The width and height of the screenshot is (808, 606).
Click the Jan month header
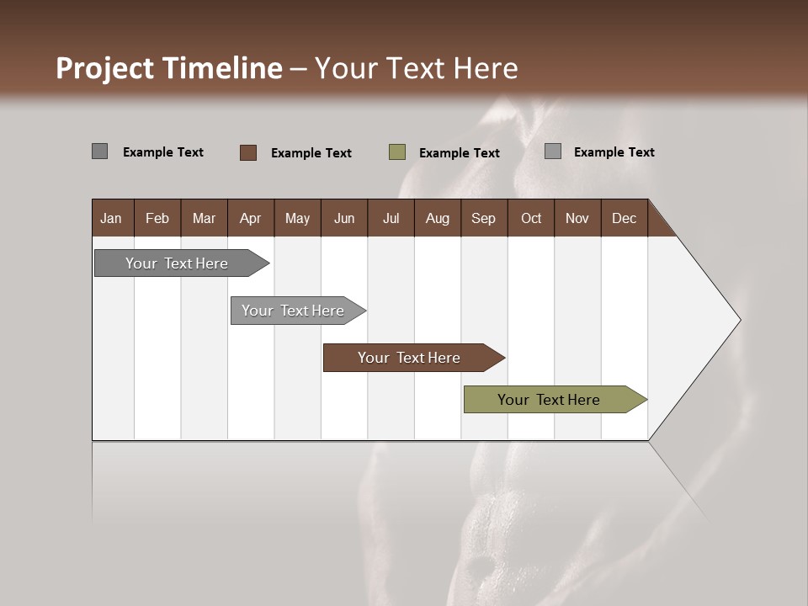[x=111, y=218]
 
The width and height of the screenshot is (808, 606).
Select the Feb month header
[x=157, y=218]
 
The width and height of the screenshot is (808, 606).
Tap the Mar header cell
[x=204, y=218]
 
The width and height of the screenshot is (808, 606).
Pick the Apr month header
[x=250, y=218]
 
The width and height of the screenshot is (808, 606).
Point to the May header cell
[x=297, y=218]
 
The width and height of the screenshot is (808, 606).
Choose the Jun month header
[x=344, y=218]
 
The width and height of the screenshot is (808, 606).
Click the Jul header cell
[x=391, y=218]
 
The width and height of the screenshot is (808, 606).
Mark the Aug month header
[x=437, y=218]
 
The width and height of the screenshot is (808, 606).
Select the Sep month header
[x=483, y=218]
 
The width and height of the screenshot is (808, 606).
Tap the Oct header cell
[x=531, y=218]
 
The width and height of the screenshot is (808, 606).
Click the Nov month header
[x=577, y=218]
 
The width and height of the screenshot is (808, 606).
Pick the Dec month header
[x=624, y=218]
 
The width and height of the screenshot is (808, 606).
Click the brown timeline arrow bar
[x=410, y=358]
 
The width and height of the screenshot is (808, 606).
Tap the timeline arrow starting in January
[x=178, y=263]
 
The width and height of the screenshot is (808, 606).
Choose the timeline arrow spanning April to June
[x=294, y=311]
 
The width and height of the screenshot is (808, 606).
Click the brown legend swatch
[x=248, y=152]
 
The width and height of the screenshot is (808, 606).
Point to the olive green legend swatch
[x=397, y=152]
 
